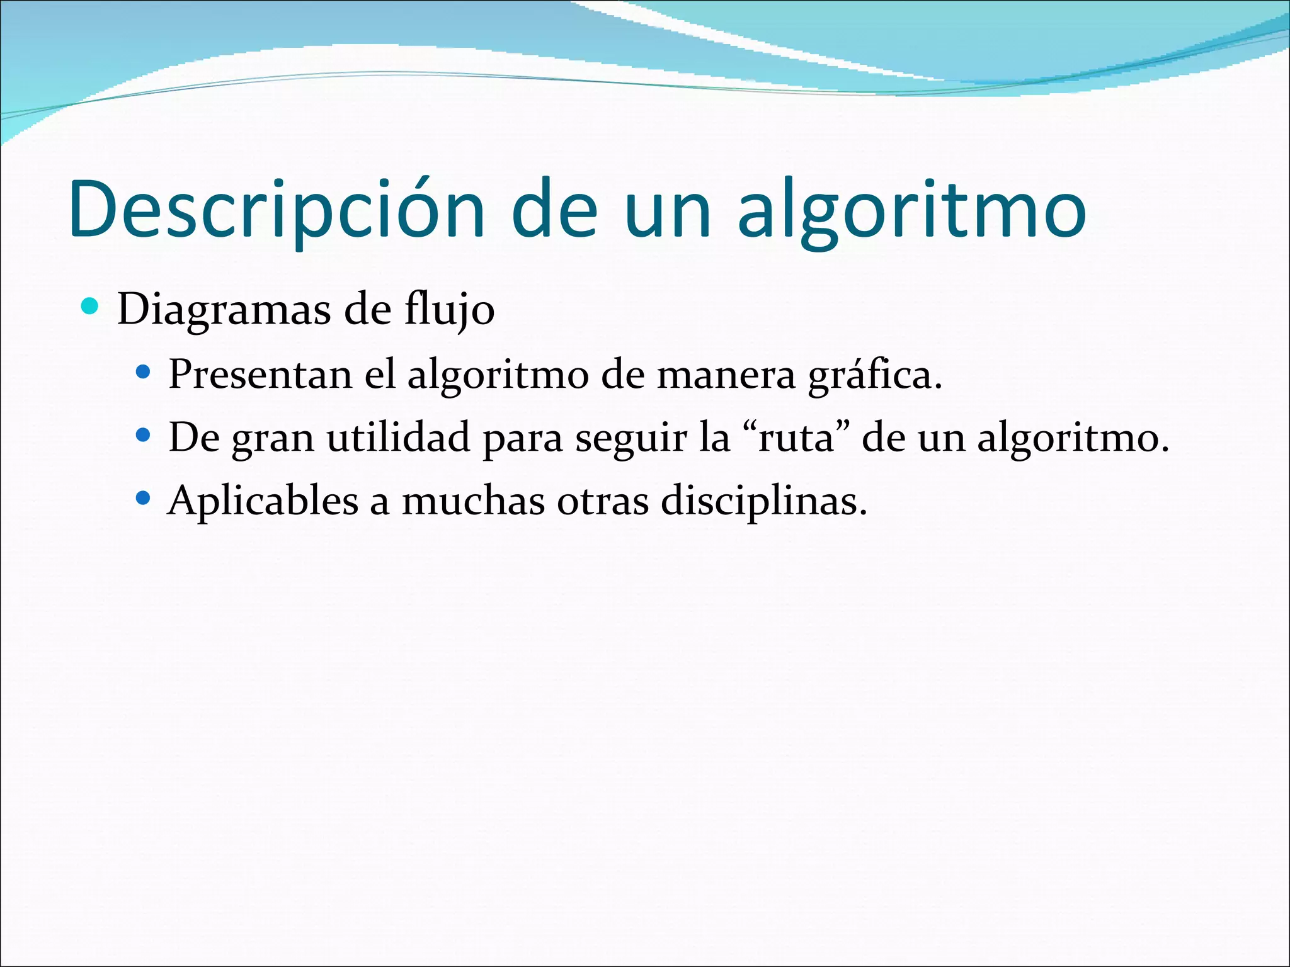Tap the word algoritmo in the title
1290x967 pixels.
pyautogui.click(x=912, y=210)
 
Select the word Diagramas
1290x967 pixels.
pyautogui.click(x=224, y=310)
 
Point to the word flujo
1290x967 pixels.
pyautogui.click(x=449, y=310)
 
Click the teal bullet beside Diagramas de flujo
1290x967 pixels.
pyautogui.click(x=91, y=307)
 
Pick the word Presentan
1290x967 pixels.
pyautogui.click(x=260, y=374)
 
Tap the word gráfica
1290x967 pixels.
pyautogui.click(x=874, y=375)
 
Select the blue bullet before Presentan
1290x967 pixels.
pyautogui.click(x=144, y=372)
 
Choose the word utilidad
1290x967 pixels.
pyautogui.click(x=398, y=438)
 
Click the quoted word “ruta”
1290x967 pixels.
pyautogui.click(x=796, y=438)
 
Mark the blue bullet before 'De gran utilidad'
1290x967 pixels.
pyautogui.click(x=144, y=435)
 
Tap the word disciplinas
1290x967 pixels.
pyautogui.click(x=763, y=501)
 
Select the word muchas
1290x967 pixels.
pyautogui.click(x=473, y=501)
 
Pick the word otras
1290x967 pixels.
pyautogui.click(x=603, y=501)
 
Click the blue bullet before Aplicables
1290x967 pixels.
pyautogui.click(x=144, y=499)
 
